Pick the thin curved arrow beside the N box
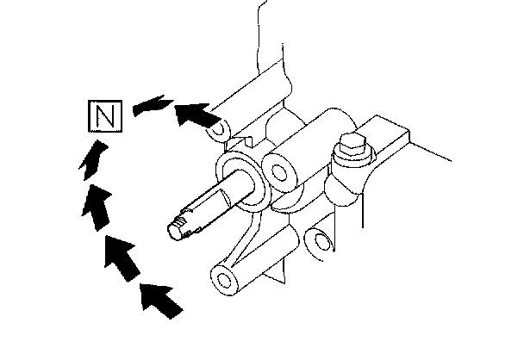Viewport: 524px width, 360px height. pos(146,107)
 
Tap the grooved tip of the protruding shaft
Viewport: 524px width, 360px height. pos(178,228)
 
